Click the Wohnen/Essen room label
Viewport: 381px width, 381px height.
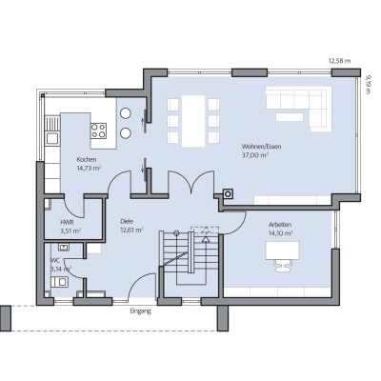coord(261,147)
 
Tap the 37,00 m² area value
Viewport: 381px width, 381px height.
coord(254,155)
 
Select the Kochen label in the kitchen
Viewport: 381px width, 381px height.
coord(87,159)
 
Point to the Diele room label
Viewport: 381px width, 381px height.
coord(127,221)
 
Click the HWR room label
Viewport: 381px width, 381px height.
coord(67,223)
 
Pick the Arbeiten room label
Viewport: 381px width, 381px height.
coord(280,225)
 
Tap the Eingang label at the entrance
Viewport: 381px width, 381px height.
coord(140,311)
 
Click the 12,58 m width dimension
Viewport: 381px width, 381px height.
coord(339,61)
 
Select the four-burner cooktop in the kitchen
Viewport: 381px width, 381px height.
coord(98,130)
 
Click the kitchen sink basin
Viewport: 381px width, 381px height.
coord(52,139)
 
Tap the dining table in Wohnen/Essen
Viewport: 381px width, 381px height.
coord(193,121)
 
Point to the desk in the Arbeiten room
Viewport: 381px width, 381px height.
coord(283,251)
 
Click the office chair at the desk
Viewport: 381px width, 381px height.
coord(283,266)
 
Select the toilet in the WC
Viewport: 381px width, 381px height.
coord(59,282)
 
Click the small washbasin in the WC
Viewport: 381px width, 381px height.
coord(64,247)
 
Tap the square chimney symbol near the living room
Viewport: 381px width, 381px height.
coord(228,193)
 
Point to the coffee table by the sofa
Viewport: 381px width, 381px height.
coord(290,117)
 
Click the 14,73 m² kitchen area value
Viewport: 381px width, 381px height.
coord(89,168)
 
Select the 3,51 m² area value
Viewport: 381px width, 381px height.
coord(70,231)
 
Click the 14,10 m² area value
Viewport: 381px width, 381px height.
coord(280,233)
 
